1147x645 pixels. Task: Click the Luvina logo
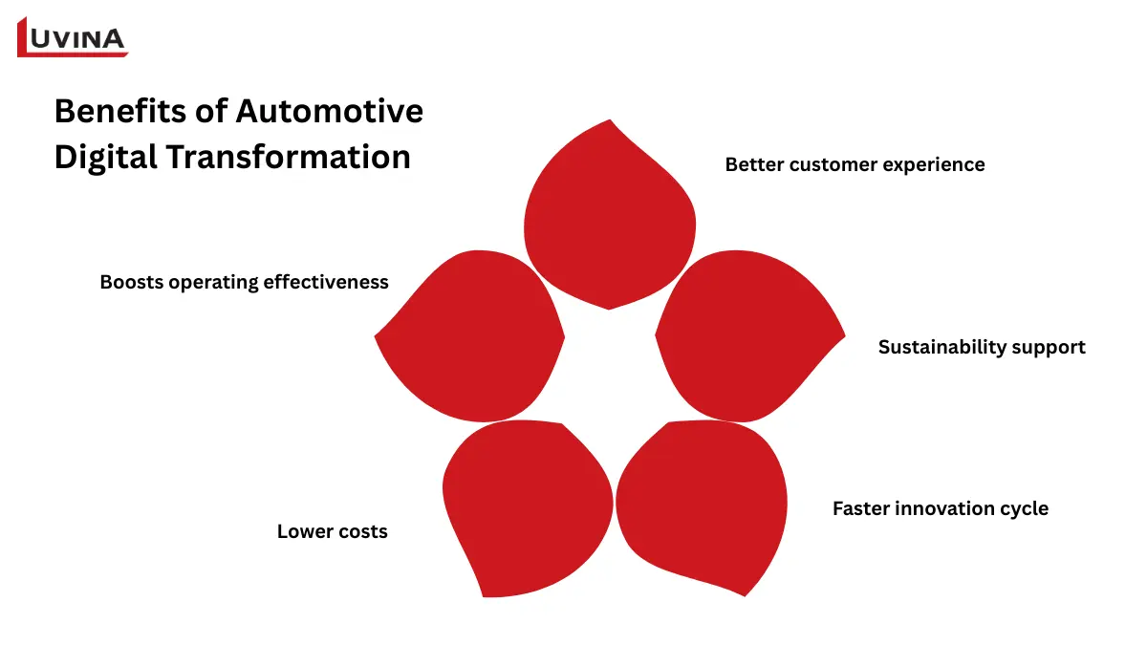[x=73, y=38]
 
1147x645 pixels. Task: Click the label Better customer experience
[x=855, y=164]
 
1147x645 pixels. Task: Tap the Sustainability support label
[x=982, y=347]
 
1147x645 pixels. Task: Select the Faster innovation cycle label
[x=940, y=508]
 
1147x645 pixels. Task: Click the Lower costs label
[x=332, y=531]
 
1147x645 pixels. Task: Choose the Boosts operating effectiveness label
[x=244, y=282]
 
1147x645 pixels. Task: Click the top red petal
[x=610, y=220]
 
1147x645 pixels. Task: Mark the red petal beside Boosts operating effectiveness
[x=473, y=334]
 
